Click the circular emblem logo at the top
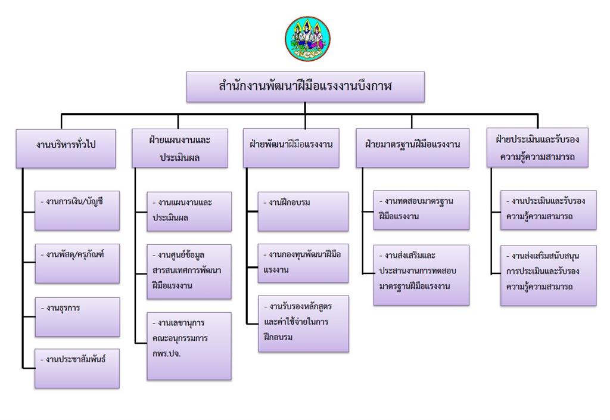tap(307, 39)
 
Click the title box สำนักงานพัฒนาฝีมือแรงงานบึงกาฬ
tap(306, 87)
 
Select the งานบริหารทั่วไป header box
tap(66, 148)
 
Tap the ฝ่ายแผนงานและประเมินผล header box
tap(180, 148)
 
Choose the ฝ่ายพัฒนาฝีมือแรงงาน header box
tap(291, 148)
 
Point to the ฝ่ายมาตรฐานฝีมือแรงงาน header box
tap(412, 148)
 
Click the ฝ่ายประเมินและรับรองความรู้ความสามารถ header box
tap(537, 147)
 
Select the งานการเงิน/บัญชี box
tap(77, 210)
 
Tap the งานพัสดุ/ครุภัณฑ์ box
tap(77, 263)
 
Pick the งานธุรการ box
tap(77, 317)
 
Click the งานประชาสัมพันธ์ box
tap(77, 368)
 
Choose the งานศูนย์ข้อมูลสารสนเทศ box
tap(189, 272)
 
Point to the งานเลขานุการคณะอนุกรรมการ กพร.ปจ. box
tap(189, 346)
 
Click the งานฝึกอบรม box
tap(303, 211)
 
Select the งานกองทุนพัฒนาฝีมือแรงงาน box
tap(303, 263)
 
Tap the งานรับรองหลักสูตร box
tap(303, 323)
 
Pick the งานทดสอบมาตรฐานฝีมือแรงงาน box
tap(421, 210)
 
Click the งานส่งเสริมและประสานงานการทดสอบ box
tap(421, 275)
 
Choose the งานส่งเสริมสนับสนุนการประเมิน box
tap(548, 275)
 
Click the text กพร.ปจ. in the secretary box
tap(167, 354)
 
